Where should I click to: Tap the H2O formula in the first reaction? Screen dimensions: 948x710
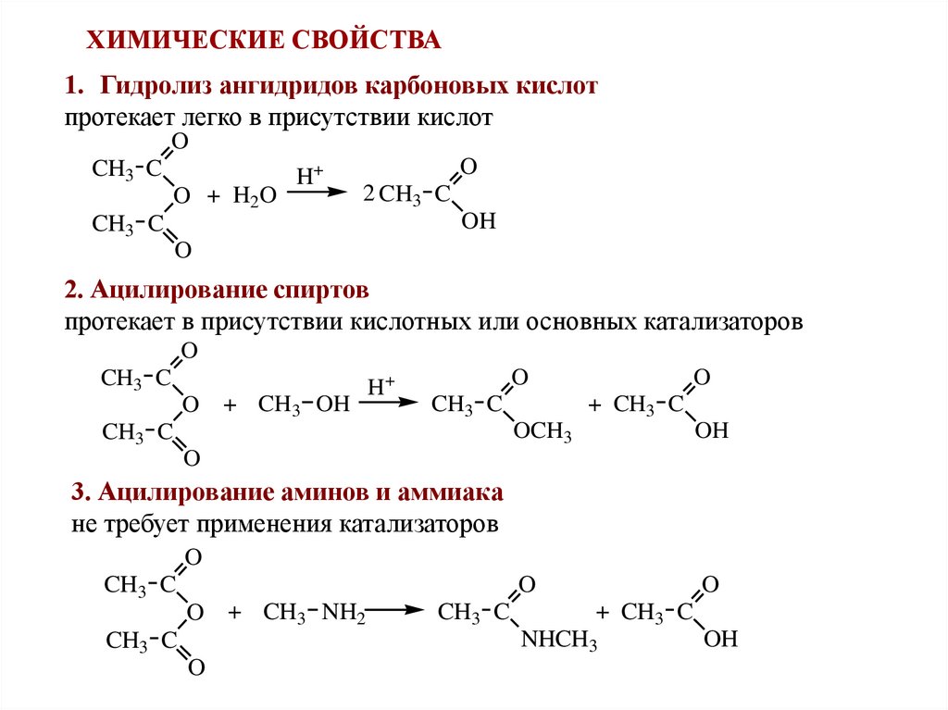(255, 196)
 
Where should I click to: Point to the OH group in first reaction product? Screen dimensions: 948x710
(480, 221)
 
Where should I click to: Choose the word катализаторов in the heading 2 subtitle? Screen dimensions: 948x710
(721, 322)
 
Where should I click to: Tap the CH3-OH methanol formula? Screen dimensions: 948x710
(304, 405)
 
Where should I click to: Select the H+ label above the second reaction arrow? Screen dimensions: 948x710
(381, 385)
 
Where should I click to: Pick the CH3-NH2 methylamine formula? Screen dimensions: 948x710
(316, 613)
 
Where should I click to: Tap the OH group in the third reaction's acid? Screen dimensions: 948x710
(720, 639)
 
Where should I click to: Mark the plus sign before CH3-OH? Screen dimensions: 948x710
(231, 405)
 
